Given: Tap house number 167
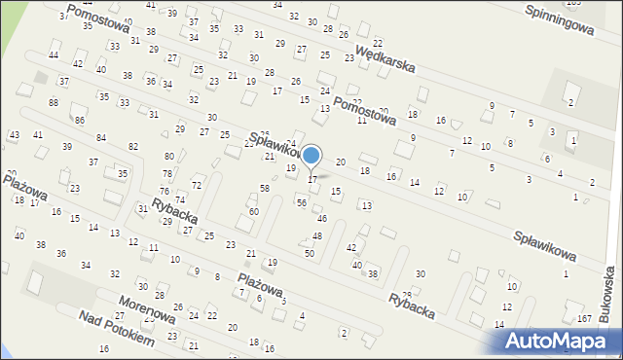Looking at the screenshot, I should pos(584,319).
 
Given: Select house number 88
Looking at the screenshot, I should pos(54,102).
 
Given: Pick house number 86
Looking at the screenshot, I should pos(80,120).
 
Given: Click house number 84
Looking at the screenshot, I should pos(101,138).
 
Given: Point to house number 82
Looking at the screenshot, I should pos(133,146).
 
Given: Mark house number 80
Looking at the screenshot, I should pos(168,156).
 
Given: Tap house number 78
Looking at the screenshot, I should pos(166,173).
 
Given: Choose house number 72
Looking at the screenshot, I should pos(196,185).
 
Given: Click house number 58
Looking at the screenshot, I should pos(264,187).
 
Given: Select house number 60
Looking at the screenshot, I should pos(253,211).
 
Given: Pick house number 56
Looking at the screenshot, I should pos(302,202).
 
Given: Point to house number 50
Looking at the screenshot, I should pos(310,253).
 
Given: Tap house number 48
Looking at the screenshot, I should pos(317,236).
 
